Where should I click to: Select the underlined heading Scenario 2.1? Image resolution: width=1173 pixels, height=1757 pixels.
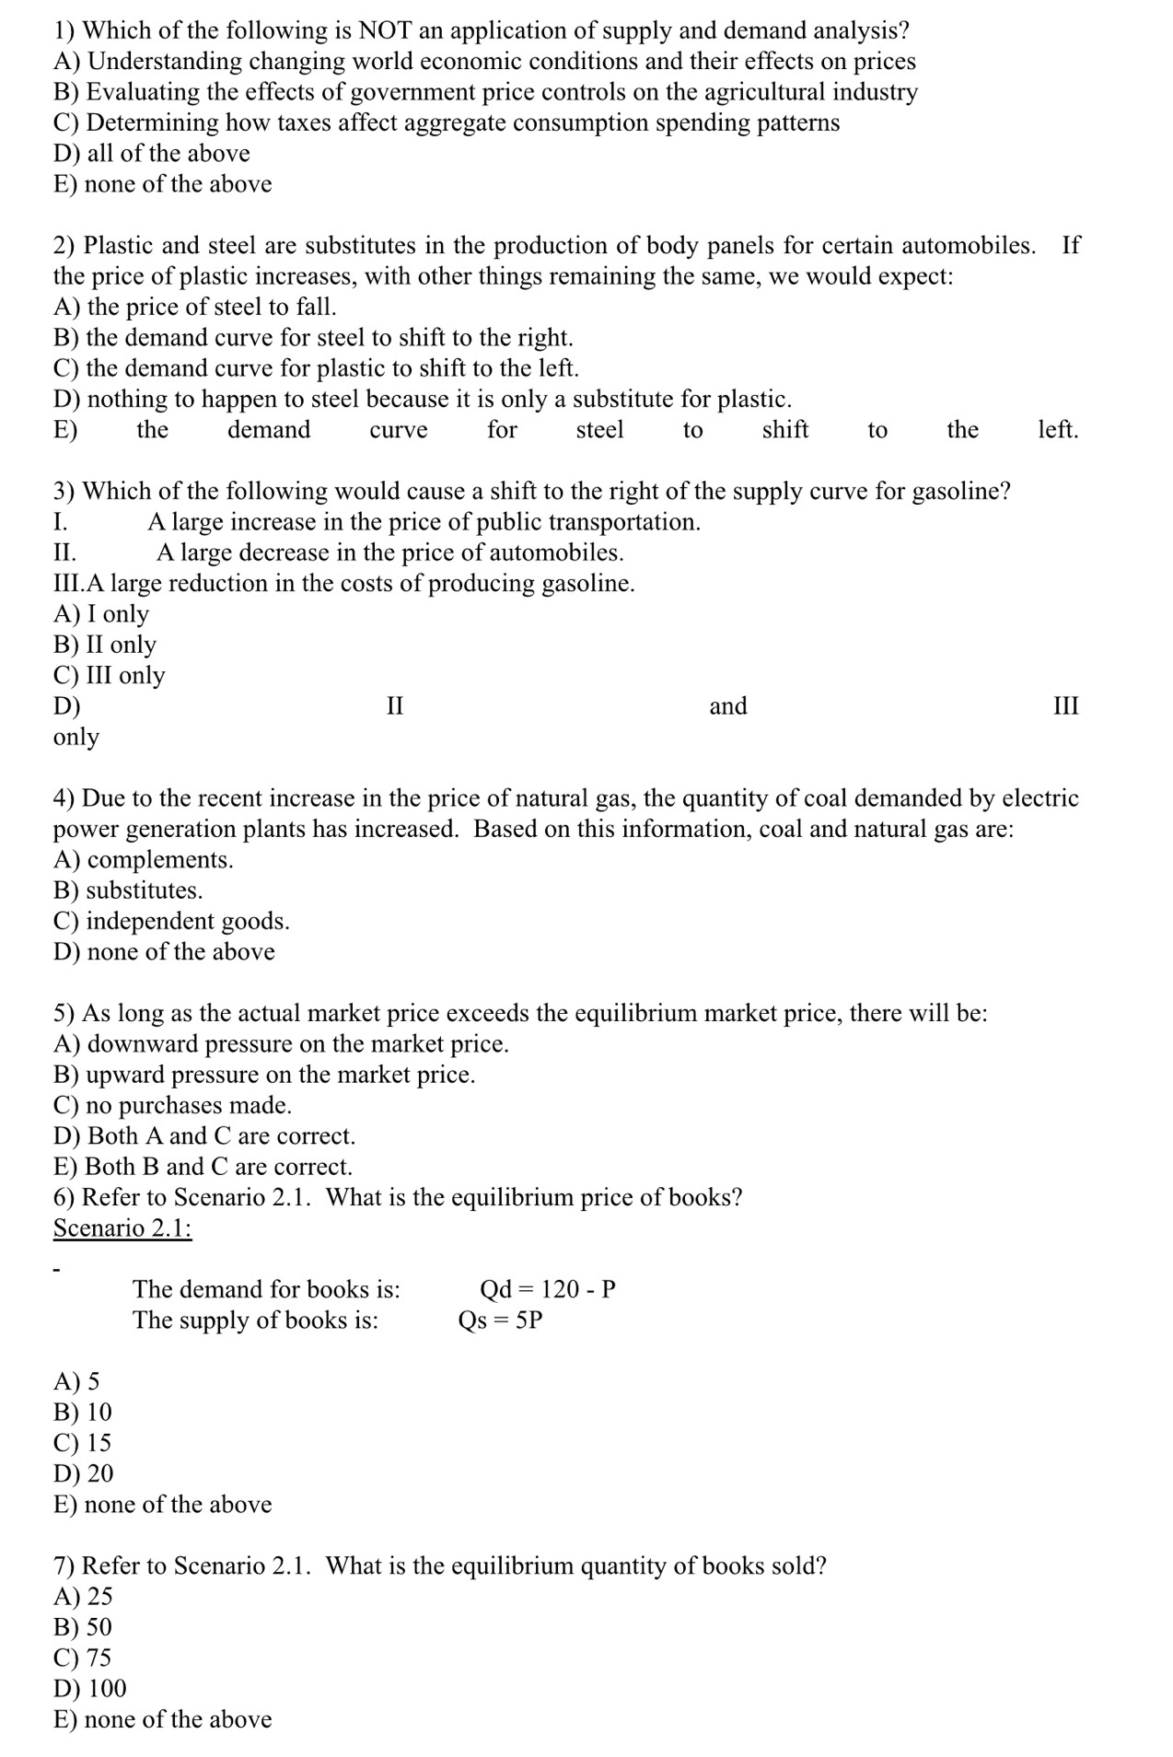click(x=122, y=1228)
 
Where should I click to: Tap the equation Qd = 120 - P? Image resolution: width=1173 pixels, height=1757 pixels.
click(x=547, y=1288)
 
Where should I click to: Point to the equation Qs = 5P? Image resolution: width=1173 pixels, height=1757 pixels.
click(x=500, y=1320)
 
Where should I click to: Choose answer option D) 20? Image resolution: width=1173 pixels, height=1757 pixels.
click(x=84, y=1473)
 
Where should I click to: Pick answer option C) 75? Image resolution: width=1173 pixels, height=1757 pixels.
click(x=83, y=1658)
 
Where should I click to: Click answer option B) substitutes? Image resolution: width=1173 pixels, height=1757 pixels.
click(x=128, y=890)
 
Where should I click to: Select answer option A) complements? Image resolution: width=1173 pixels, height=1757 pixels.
click(x=144, y=859)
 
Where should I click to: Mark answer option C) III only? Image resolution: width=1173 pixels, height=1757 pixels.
click(x=110, y=675)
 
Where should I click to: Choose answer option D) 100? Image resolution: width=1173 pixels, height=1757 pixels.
click(x=90, y=1688)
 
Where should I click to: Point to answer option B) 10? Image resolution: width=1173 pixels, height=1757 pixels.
click(x=83, y=1412)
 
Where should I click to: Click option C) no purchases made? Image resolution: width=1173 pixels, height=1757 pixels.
click(x=172, y=1105)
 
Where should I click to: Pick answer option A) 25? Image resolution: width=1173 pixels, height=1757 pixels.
click(x=83, y=1596)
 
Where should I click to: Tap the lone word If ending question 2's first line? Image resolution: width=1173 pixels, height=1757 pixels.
click(x=1071, y=245)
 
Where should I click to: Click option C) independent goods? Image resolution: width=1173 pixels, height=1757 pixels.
click(x=171, y=921)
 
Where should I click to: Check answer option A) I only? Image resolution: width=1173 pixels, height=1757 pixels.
click(x=101, y=613)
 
